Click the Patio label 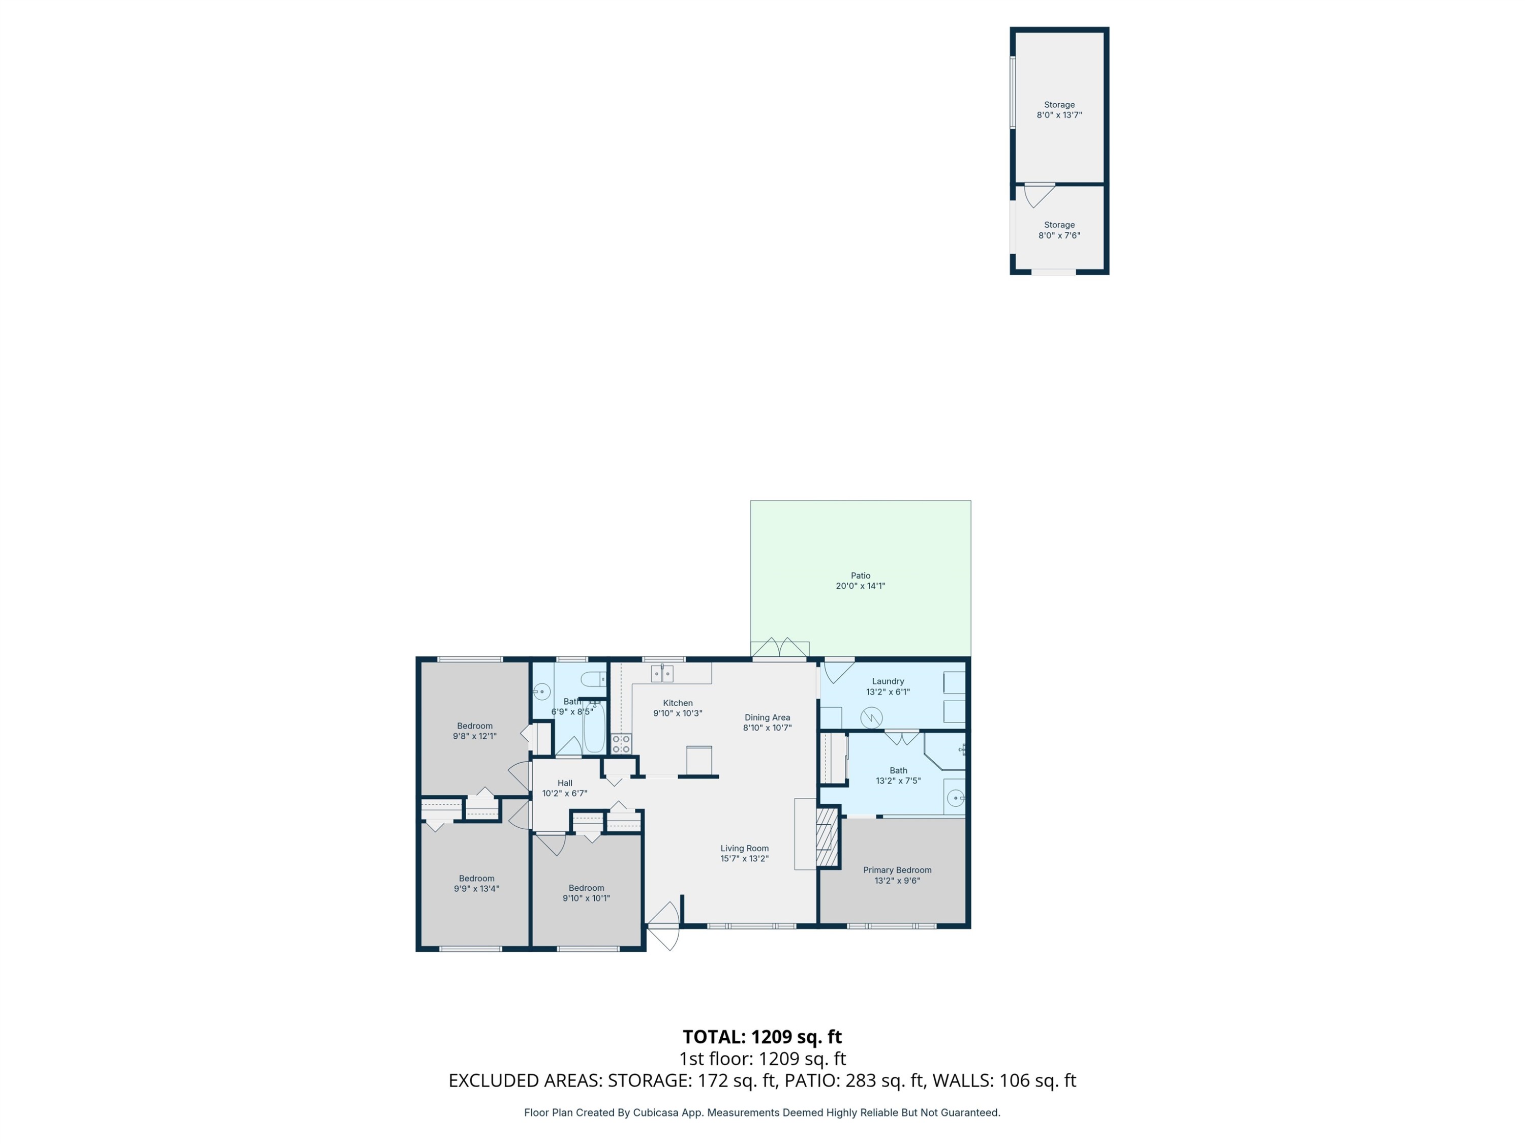click(x=860, y=575)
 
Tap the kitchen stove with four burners click(x=621, y=744)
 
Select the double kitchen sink click(x=662, y=673)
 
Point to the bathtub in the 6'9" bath click(x=594, y=728)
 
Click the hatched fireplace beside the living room click(x=826, y=837)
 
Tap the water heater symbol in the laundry click(x=871, y=718)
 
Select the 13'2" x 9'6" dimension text click(x=897, y=881)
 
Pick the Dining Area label click(x=767, y=717)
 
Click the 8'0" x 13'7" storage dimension click(x=1059, y=115)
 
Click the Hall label click(x=565, y=782)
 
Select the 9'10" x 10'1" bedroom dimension click(x=586, y=898)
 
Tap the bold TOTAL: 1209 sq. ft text click(x=762, y=1036)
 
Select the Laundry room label click(x=887, y=681)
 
